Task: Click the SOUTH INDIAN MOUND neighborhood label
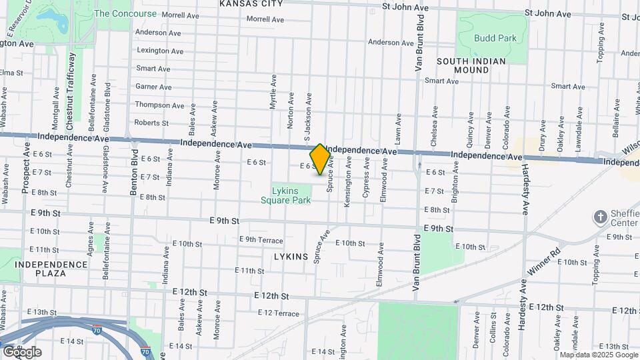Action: point(471,65)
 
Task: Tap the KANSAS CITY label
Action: point(251,3)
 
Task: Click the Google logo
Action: point(22,351)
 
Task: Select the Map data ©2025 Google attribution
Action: point(599,355)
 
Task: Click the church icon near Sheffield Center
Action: point(601,217)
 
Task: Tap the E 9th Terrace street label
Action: point(261,240)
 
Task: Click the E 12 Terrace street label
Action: point(278,313)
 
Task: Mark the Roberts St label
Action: point(151,123)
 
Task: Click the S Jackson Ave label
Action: point(308,117)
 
